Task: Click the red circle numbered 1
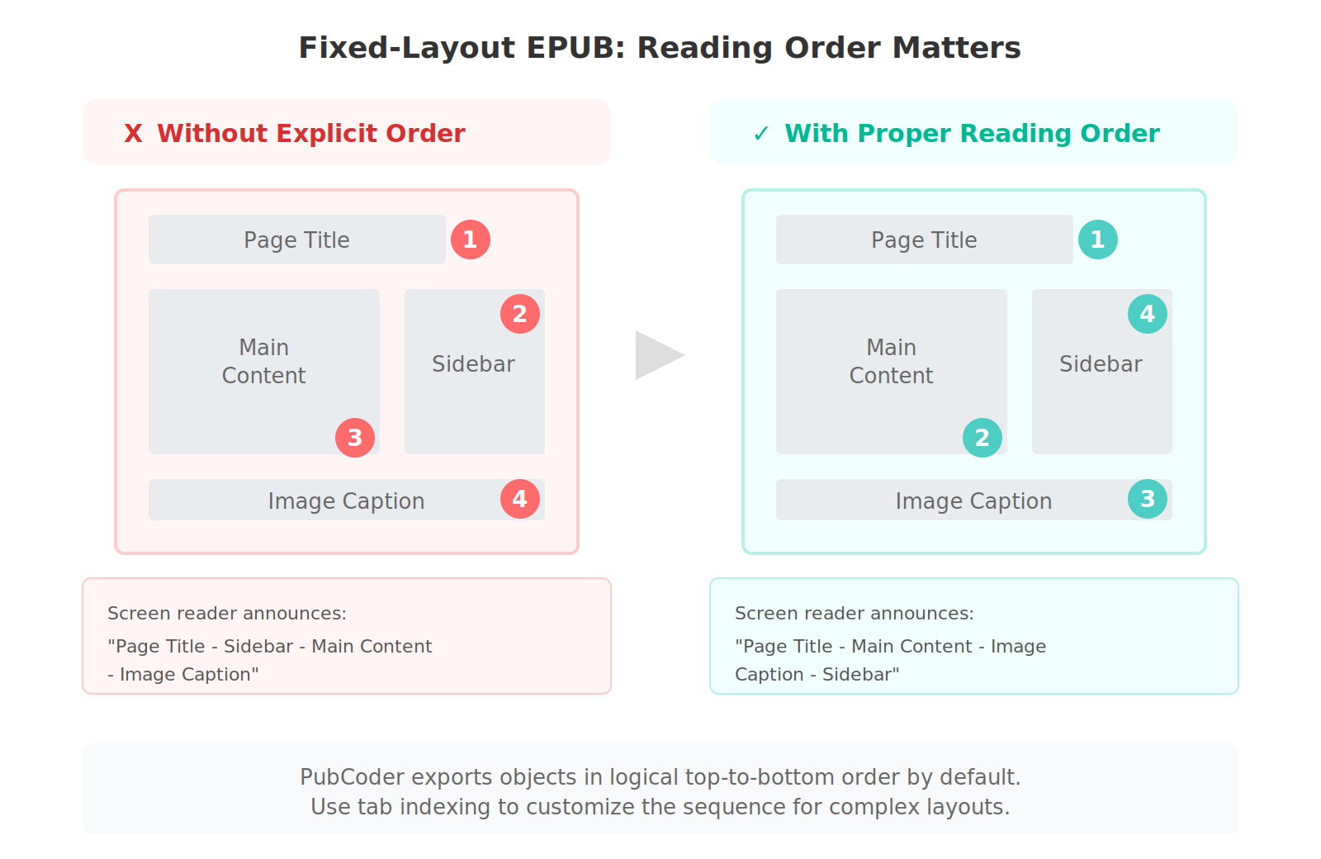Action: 471,240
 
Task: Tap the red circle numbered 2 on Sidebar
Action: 520,314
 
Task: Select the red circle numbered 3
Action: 355,438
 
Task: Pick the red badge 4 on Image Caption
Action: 520,499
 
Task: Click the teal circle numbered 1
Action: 1098,240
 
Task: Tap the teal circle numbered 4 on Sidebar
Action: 1148,314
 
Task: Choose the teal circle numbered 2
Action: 982,438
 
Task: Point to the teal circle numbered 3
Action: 1148,499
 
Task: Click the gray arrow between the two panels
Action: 657,355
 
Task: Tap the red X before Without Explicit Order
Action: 133,134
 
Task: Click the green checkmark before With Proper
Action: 761,134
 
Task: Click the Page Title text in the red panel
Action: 296,240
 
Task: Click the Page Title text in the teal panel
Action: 924,240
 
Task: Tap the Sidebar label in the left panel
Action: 473,364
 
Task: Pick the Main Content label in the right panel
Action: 891,361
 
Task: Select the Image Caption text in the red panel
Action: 346,501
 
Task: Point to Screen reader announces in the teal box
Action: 854,614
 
